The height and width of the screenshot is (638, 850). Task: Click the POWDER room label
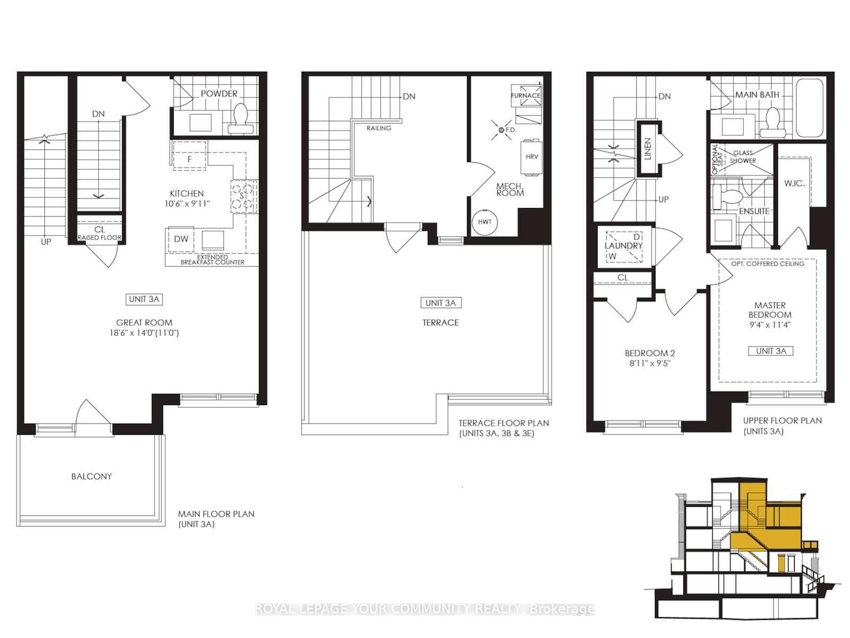pos(219,94)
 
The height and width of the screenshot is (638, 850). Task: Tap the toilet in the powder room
pos(240,119)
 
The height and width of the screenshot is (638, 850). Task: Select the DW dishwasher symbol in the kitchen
pos(181,239)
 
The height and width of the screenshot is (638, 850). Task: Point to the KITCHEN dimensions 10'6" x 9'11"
pos(187,204)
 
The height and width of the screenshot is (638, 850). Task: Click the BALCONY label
pos(91,476)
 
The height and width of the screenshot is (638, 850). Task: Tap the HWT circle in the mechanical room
pos(485,222)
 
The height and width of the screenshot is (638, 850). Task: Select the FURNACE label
pos(525,95)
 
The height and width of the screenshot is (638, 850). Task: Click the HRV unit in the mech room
pos(532,157)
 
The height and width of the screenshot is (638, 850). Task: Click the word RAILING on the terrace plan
pos(379,128)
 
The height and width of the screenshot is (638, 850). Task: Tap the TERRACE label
pos(441,323)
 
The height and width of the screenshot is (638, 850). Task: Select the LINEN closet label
pos(648,149)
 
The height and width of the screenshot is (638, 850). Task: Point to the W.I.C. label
pos(795,183)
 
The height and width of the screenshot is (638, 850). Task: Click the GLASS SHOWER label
pos(743,157)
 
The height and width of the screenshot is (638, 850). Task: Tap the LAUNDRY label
pos(624,246)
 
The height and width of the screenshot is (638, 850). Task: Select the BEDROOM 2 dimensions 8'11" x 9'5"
pos(650,363)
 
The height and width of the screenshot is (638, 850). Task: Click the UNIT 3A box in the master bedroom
pos(771,351)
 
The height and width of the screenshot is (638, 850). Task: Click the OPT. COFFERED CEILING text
pos(768,264)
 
